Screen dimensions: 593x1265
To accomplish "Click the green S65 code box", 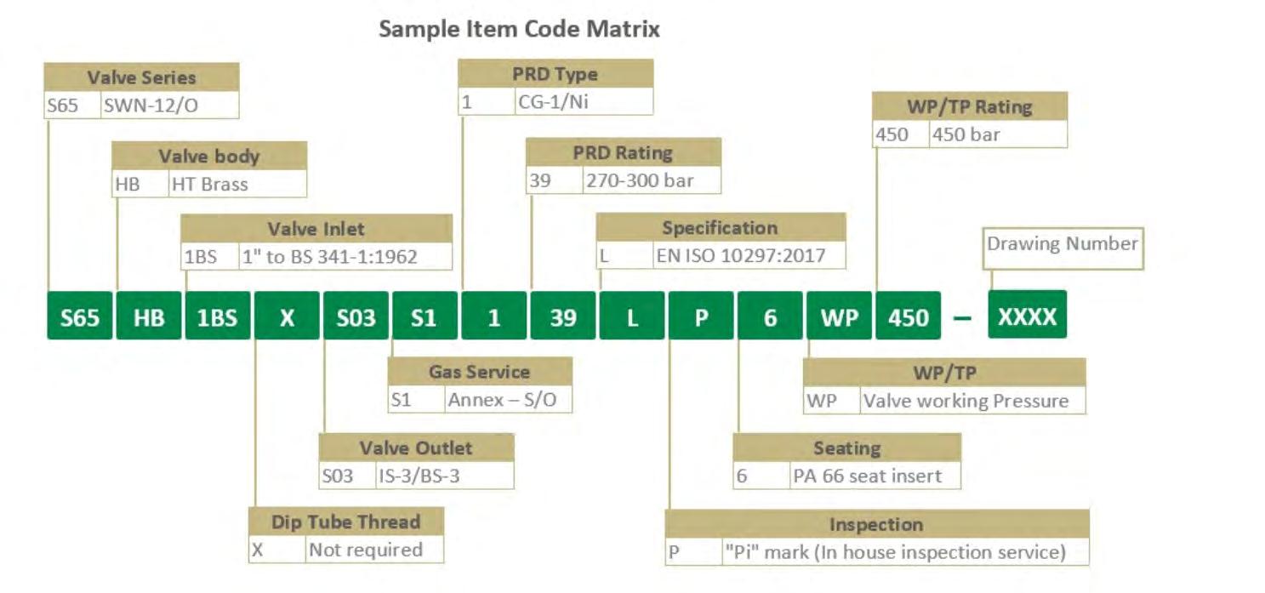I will point(79,316).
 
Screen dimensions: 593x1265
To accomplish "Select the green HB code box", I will point(149,316).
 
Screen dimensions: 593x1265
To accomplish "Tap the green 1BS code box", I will point(218,316).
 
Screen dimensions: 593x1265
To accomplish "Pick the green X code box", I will point(288,316).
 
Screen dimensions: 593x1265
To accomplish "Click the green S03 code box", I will point(356,316).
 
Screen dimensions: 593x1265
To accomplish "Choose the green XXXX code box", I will point(1027,316).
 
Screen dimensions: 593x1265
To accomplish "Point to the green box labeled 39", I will point(563,316).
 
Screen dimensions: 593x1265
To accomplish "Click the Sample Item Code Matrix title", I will point(519,29).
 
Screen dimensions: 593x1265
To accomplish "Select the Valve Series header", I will point(141,77).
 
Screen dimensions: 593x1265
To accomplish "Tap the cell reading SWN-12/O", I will point(168,105).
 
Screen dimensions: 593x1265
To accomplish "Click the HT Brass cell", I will point(236,184).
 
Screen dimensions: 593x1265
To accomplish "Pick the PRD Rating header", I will point(623,153).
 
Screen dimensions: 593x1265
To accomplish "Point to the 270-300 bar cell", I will point(651,180).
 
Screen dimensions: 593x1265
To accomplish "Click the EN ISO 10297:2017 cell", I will point(749,255).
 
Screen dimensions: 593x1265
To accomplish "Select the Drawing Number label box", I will point(1062,244).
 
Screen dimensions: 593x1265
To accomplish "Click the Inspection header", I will point(876,524).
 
